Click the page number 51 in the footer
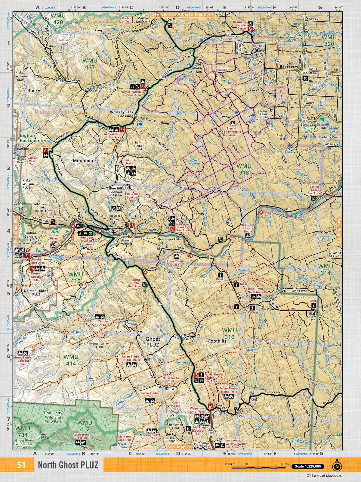21,465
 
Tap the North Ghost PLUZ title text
68,465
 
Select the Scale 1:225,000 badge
308,466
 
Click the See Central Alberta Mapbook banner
183,14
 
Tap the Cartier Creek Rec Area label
314,190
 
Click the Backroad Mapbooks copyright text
324,475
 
